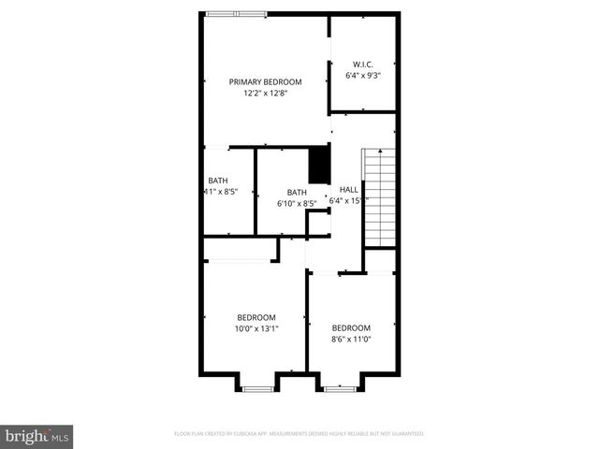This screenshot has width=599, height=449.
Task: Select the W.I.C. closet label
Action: pos(363,64)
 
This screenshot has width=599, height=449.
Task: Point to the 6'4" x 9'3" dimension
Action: pos(363,75)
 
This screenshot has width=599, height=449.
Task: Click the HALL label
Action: pos(348,189)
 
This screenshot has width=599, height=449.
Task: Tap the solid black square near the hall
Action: pos(319,165)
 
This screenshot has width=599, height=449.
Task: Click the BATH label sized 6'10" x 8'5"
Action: pos(297,192)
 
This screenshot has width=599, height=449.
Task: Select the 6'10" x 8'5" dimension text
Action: pos(297,203)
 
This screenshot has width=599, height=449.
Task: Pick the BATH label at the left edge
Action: pos(217,181)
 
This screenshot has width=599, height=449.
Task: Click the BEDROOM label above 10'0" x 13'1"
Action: pos(256,316)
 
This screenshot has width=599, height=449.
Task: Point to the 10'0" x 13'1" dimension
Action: pos(256,328)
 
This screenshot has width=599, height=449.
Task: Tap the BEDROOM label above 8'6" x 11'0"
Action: pos(351,327)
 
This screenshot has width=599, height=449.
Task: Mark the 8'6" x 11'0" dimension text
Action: pos(351,340)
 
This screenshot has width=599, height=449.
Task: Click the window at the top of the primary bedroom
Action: pos(236,14)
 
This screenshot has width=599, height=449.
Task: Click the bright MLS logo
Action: pos(37,437)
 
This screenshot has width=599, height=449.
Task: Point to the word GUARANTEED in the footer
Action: pos(405,434)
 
